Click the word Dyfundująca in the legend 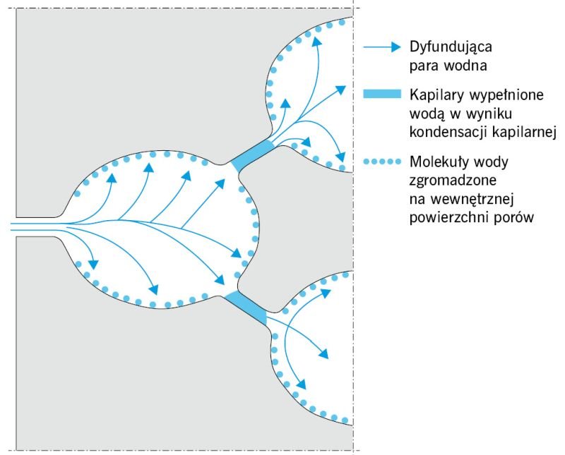(x=451, y=47)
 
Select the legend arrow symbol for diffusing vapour (x=382, y=47)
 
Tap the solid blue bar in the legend (x=382, y=94)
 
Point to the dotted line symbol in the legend (x=382, y=162)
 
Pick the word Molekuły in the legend (x=439, y=162)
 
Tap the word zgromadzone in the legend (x=453, y=181)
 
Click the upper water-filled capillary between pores (x=252, y=155)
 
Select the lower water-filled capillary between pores (x=246, y=308)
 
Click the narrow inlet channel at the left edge (x=36, y=226)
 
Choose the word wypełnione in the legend (x=506, y=95)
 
